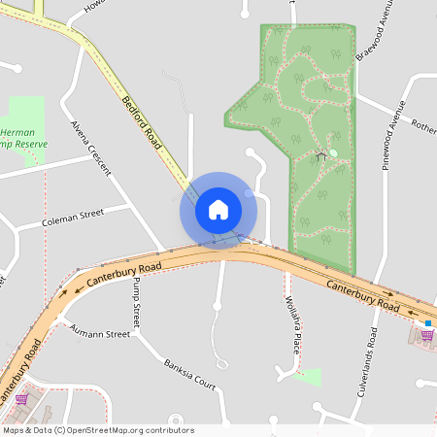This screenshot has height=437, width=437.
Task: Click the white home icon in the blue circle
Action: tap(218, 210)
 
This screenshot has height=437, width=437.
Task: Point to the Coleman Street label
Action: tap(73, 218)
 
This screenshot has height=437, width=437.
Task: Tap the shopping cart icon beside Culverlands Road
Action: tap(426, 335)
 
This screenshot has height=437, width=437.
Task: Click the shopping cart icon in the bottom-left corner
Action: tap(21, 398)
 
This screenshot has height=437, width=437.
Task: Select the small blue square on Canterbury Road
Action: tap(427, 322)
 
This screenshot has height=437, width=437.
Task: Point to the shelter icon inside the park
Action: tap(320, 154)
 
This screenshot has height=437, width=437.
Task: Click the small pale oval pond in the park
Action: tap(333, 152)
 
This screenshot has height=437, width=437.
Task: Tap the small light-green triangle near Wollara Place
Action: tap(310, 377)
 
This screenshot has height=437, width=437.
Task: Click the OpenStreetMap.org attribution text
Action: tap(97, 430)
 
